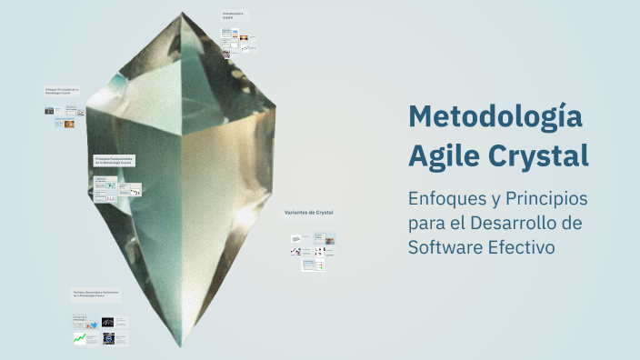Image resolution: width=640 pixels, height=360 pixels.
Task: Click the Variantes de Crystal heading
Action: coord(309,212)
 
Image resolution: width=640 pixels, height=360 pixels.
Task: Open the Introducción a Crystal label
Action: coord(233,15)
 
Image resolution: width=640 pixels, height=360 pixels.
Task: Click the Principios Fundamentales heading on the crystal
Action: coord(115,159)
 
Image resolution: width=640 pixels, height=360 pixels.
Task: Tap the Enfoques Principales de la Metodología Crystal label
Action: coord(62,91)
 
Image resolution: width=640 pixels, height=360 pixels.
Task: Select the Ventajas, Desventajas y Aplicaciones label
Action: coord(97,295)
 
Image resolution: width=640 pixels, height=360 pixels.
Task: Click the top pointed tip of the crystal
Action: coord(181,14)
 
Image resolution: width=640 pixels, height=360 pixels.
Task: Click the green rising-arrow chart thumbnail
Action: coord(80,338)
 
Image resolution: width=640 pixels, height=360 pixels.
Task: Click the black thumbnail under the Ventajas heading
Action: coord(108,322)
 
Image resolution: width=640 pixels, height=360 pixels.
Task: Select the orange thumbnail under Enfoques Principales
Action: coord(69,124)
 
